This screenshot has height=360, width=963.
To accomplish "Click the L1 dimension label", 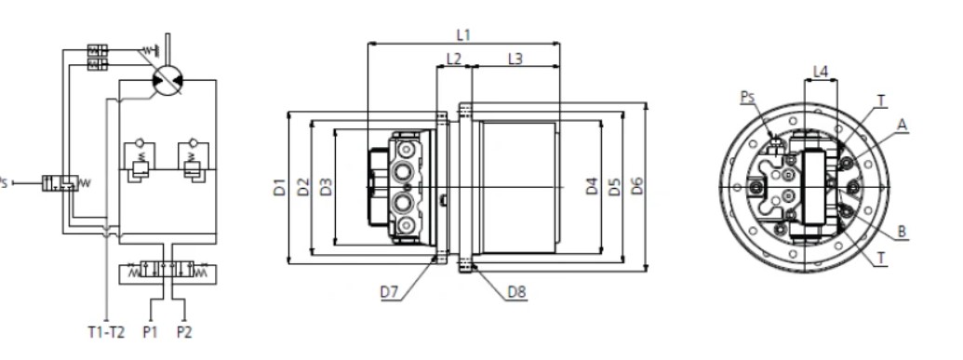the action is [463, 35].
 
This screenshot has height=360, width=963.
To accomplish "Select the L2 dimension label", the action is [454, 59].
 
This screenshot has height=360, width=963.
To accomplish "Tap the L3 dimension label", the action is [515, 59].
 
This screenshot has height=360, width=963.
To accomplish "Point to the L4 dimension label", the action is [821, 72].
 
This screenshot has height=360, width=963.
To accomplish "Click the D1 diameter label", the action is [279, 187].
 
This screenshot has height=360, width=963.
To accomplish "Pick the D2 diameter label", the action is [303, 187].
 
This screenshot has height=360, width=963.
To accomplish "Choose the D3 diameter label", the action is [327, 187].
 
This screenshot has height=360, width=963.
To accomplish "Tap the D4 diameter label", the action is [592, 185].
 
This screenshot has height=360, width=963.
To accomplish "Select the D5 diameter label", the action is [615, 185].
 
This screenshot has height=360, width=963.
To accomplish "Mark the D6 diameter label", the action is [637, 185].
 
